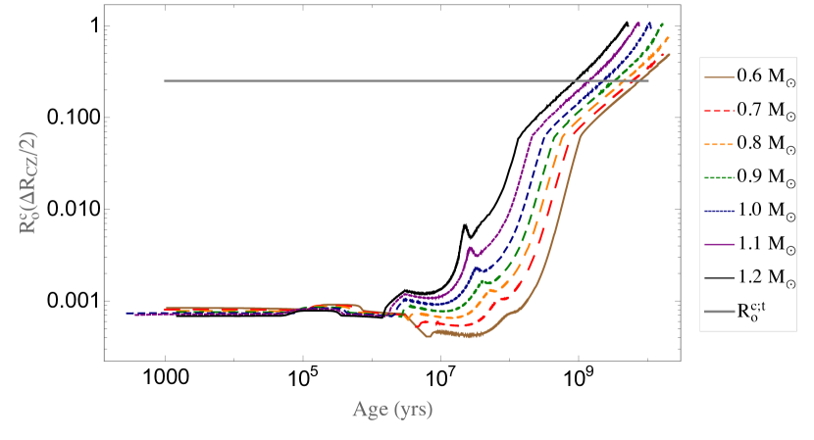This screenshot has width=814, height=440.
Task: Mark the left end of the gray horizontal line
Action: (x=165, y=81)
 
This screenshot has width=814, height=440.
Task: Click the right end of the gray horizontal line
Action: (x=648, y=81)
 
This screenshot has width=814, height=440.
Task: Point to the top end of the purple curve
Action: (x=637, y=23)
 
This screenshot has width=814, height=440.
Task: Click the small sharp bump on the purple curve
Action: (x=470, y=249)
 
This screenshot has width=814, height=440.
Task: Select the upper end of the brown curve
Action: (x=670, y=54)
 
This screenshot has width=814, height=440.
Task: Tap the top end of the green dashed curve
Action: (x=663, y=23)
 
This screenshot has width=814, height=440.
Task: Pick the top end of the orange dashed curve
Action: (x=669, y=37)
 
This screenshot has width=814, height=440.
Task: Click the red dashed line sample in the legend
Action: (x=719, y=110)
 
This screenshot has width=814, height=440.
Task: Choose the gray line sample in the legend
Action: (x=719, y=312)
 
